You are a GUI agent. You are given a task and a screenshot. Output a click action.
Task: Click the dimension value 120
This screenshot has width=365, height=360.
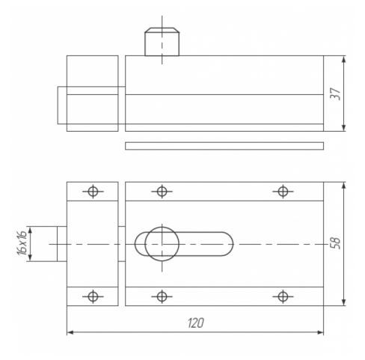pyautogui.click(x=196, y=323)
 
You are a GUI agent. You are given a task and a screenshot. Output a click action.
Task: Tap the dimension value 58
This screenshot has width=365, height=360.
pyautogui.click(x=336, y=243)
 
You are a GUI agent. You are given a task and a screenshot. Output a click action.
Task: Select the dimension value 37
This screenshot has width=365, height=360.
pyautogui.click(x=336, y=94)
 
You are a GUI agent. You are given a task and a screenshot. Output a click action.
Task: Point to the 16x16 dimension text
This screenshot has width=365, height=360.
pyautogui.click(x=22, y=243)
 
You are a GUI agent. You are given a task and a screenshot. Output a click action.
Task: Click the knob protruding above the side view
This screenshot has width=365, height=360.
pyautogui.click(x=162, y=42)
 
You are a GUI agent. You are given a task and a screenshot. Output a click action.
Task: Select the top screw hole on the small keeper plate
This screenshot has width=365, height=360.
pyautogui.click(x=93, y=192)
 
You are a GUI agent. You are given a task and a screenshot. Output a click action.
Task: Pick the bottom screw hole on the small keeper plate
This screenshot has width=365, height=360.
pyautogui.click(x=93, y=296)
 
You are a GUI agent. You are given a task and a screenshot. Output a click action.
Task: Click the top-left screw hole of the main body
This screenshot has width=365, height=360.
pyautogui.click(x=162, y=192)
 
